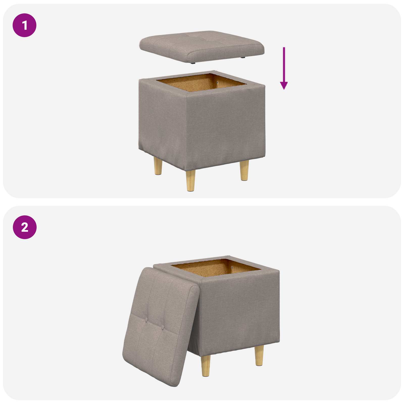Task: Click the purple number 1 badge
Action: coord(24,25)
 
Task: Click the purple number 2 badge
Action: coord(24,227)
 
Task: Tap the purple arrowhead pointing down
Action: coord(284,86)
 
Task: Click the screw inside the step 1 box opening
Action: coord(218,83)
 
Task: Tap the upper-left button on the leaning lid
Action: coord(146,320)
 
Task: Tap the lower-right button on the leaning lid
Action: coord(163,328)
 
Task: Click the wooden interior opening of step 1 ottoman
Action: coord(199,83)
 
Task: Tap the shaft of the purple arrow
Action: coord(284,63)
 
